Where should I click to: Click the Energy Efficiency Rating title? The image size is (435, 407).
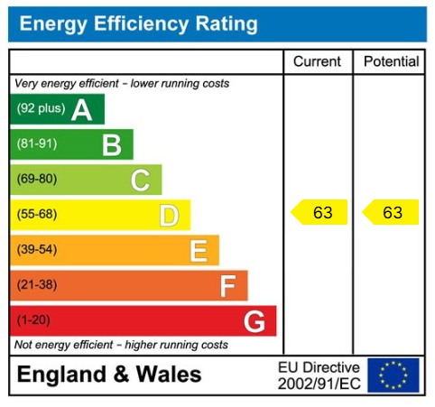coord(138,24)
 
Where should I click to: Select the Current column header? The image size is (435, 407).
coord(318,62)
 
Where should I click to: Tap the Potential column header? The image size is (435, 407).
coord(391,62)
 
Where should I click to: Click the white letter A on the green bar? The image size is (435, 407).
coord(82,110)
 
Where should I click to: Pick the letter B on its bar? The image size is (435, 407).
coord(111,144)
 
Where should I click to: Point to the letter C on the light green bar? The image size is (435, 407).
coord(140,180)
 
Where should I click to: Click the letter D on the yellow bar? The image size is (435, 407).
coord(169,215)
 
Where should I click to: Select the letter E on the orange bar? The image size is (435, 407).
coord(198,250)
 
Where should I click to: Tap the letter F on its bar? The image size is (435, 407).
coord(227,286)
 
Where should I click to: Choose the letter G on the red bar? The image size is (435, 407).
coord(255,320)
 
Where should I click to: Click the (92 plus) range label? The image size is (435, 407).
coord(42,110)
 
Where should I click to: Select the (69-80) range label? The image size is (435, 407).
coord(37,180)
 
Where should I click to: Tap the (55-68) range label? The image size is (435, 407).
coord(37,215)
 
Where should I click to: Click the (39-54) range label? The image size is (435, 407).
coord(37,250)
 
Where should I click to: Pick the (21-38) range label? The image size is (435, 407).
coord(37,286)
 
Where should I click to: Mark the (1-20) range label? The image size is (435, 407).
coord(34,320)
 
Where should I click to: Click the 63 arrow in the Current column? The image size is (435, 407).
coord(319,213)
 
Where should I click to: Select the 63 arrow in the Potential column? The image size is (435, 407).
coord(391,213)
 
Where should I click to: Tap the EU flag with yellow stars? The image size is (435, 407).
coord(393,375)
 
